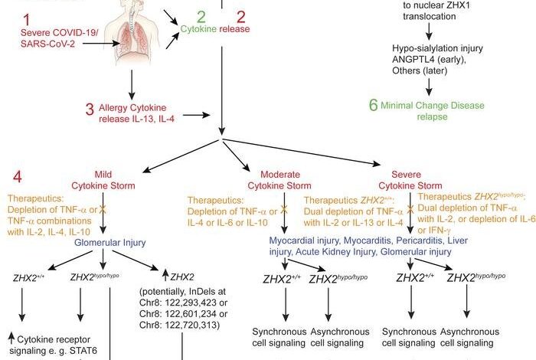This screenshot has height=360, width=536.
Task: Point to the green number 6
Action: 374,104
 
